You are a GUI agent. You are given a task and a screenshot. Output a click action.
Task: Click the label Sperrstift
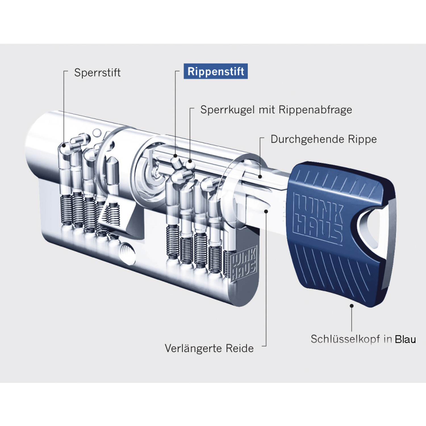point(97,73)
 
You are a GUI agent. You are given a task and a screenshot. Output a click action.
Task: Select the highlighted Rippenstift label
point(216,71)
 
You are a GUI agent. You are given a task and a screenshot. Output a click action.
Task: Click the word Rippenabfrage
point(315,110)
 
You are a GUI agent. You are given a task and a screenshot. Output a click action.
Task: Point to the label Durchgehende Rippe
point(323,139)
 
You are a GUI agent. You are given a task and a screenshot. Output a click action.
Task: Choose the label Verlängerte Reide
point(209,348)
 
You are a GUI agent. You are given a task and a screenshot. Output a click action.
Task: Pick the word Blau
point(406,339)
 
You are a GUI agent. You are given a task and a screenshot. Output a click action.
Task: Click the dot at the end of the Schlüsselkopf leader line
point(352,306)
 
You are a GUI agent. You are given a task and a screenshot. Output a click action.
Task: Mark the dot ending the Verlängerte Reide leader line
point(266,211)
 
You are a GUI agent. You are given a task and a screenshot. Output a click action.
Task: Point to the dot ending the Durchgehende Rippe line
point(260,177)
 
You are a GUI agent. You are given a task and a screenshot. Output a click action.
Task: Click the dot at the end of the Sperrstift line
point(64,146)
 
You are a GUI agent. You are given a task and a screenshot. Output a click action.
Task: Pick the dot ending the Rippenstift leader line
point(176,156)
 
